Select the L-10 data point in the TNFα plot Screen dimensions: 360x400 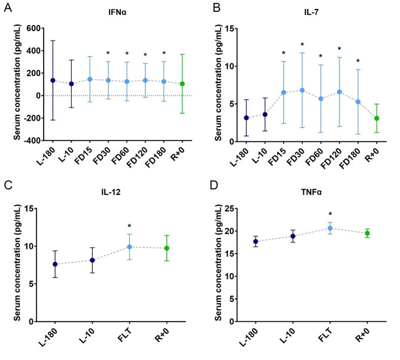click(293, 236)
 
